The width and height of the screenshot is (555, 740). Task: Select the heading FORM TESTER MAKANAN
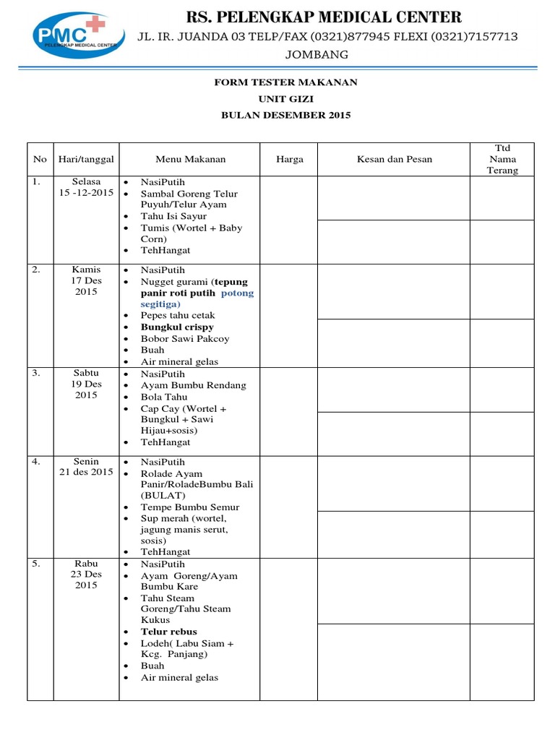pos(285,82)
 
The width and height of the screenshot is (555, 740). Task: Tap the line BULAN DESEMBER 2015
pos(285,116)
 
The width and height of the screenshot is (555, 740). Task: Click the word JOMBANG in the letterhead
pos(318,55)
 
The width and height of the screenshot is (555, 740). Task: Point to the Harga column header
pos(290,159)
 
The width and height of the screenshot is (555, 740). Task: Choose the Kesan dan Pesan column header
pos(394,159)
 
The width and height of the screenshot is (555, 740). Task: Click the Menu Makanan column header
pos(190,159)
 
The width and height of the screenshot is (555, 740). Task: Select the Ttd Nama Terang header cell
pos(503,159)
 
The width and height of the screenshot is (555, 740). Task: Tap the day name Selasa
pos(87,182)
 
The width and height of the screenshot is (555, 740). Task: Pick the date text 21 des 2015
pos(86,473)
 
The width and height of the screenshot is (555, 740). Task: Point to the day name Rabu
pos(86,564)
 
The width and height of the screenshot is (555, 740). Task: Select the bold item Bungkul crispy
pos(177,327)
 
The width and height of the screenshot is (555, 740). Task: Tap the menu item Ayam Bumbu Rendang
pos(193,385)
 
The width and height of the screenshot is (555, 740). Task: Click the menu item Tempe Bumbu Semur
pos(190,507)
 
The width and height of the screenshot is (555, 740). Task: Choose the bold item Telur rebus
pos(168,632)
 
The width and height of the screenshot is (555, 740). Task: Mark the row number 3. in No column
pos(38,374)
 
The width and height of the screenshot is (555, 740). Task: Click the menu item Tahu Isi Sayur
pos(173,216)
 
